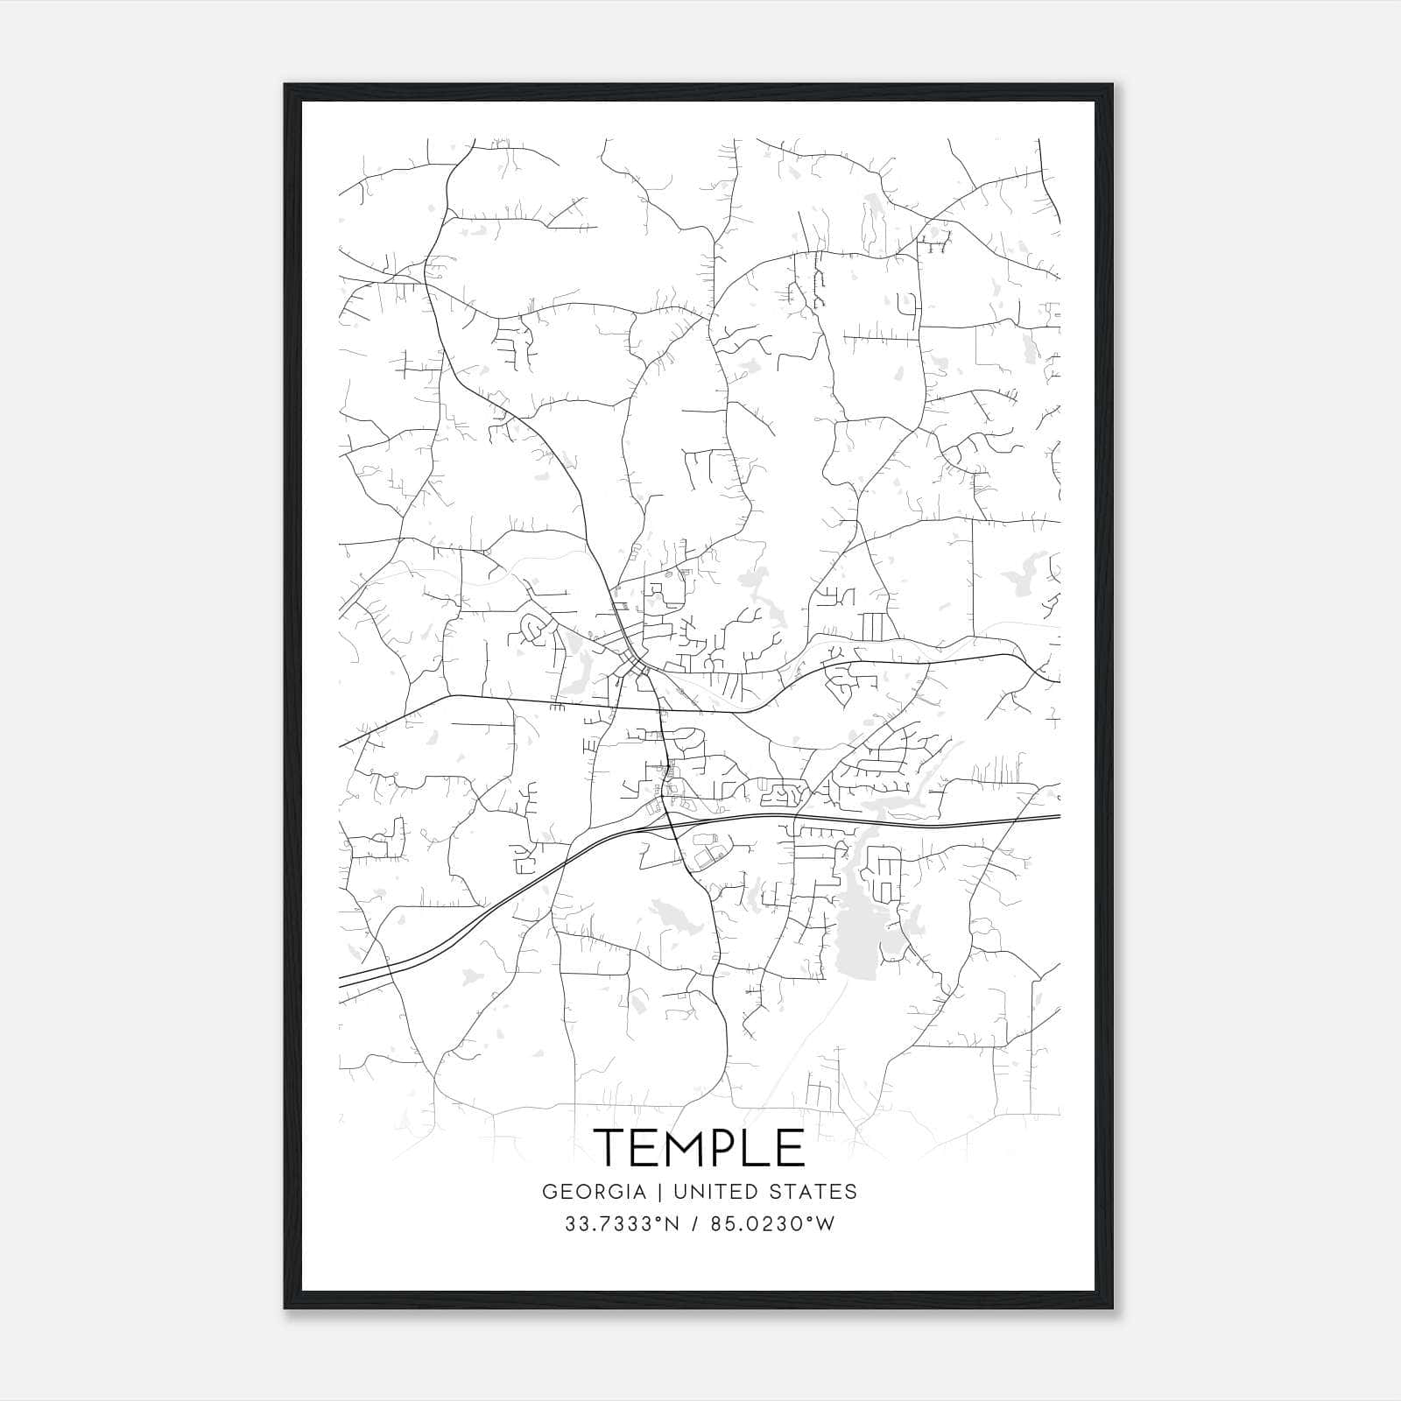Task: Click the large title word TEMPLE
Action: [x=700, y=1147]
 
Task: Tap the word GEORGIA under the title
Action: [x=594, y=1192]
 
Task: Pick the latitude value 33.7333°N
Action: [x=621, y=1224]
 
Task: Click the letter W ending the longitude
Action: [x=826, y=1224]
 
